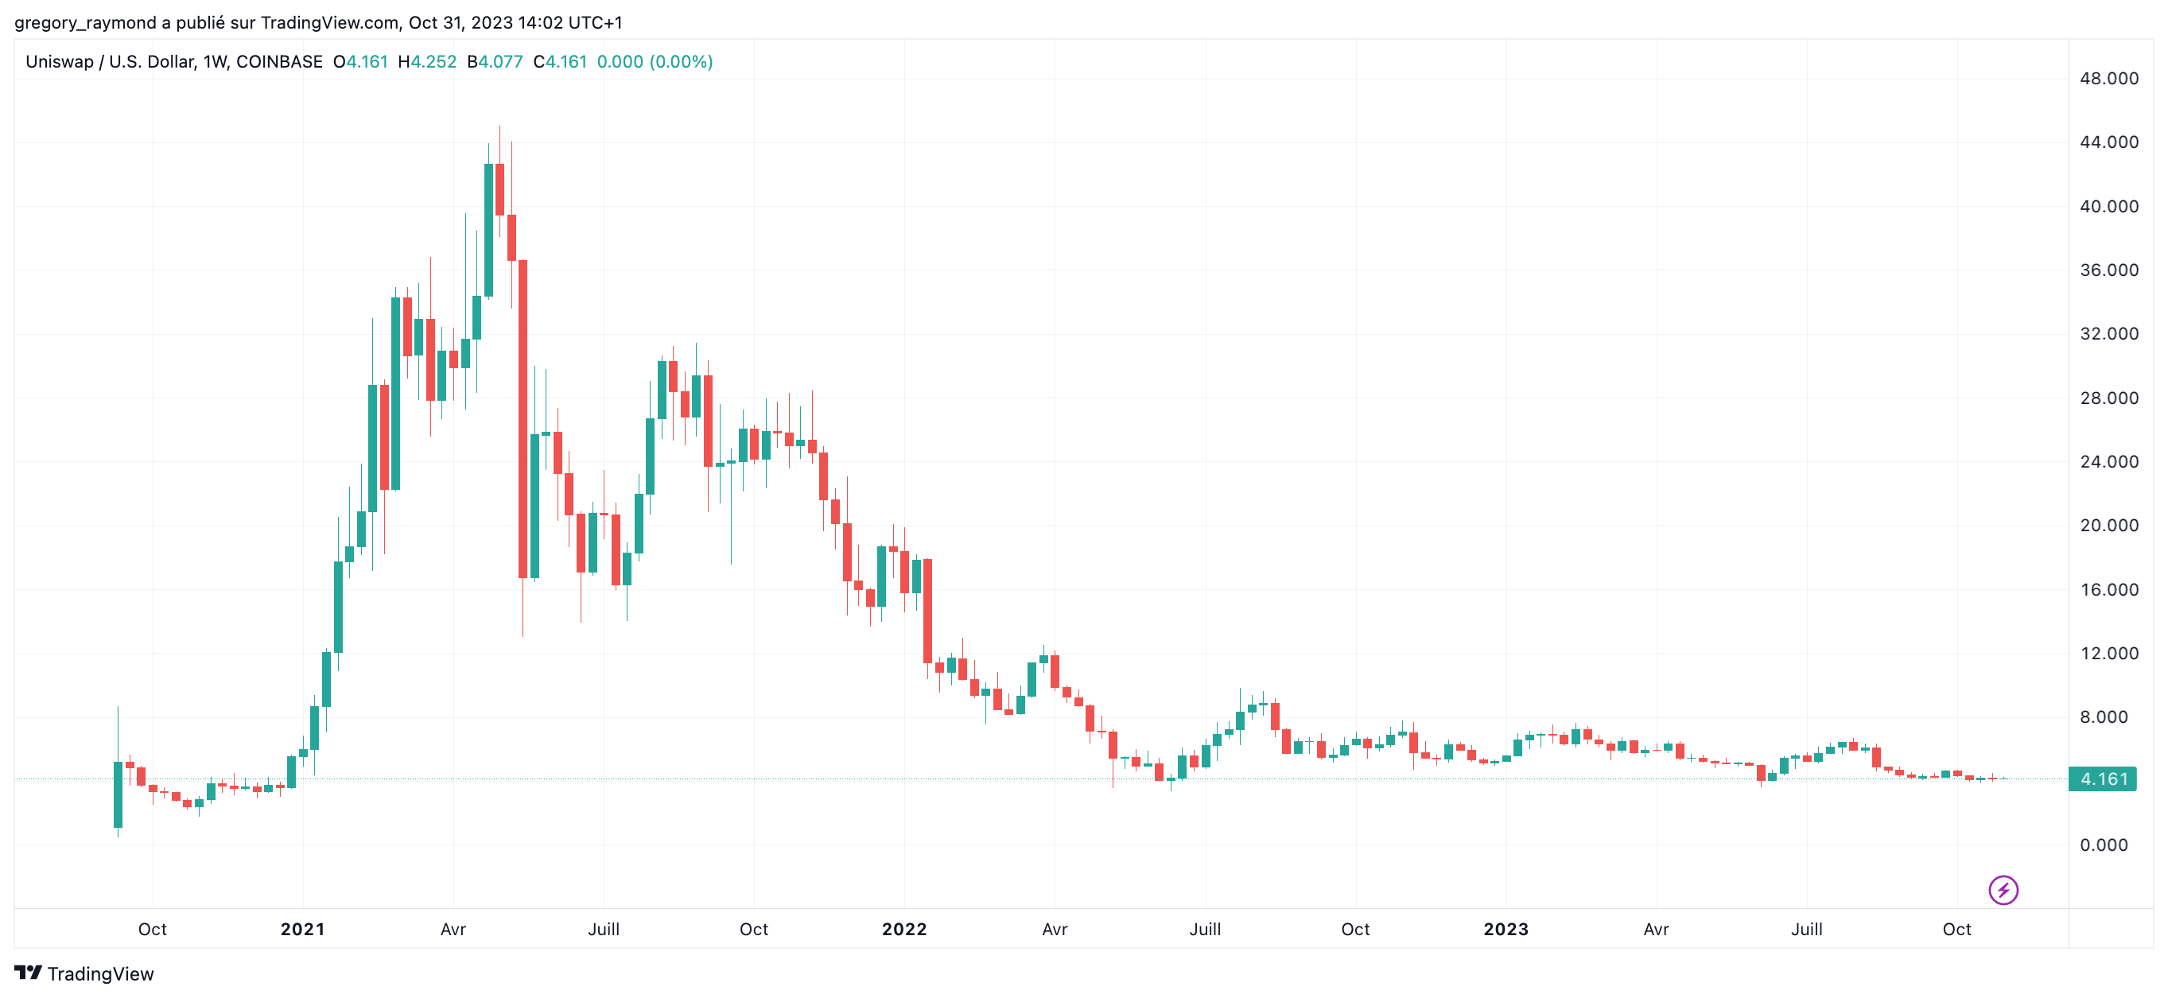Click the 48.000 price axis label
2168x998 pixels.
click(2108, 78)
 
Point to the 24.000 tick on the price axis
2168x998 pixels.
click(2108, 461)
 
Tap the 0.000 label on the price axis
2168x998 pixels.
click(2104, 845)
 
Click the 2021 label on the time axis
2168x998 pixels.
click(302, 929)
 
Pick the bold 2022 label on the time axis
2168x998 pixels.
click(904, 929)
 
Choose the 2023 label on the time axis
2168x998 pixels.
click(1506, 929)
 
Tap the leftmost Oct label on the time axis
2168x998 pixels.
click(153, 929)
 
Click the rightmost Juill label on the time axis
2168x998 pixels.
click(1806, 929)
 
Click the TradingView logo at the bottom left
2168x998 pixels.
click(84, 973)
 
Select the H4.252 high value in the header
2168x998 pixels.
click(427, 61)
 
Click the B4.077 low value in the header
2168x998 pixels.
click(495, 61)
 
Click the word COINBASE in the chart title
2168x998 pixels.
click(279, 61)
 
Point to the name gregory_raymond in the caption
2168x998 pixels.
click(85, 23)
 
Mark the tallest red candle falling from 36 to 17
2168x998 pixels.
click(523, 419)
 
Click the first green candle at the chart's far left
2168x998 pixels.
click(118, 794)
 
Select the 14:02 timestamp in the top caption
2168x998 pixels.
click(540, 23)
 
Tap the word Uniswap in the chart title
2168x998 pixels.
click(59, 61)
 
